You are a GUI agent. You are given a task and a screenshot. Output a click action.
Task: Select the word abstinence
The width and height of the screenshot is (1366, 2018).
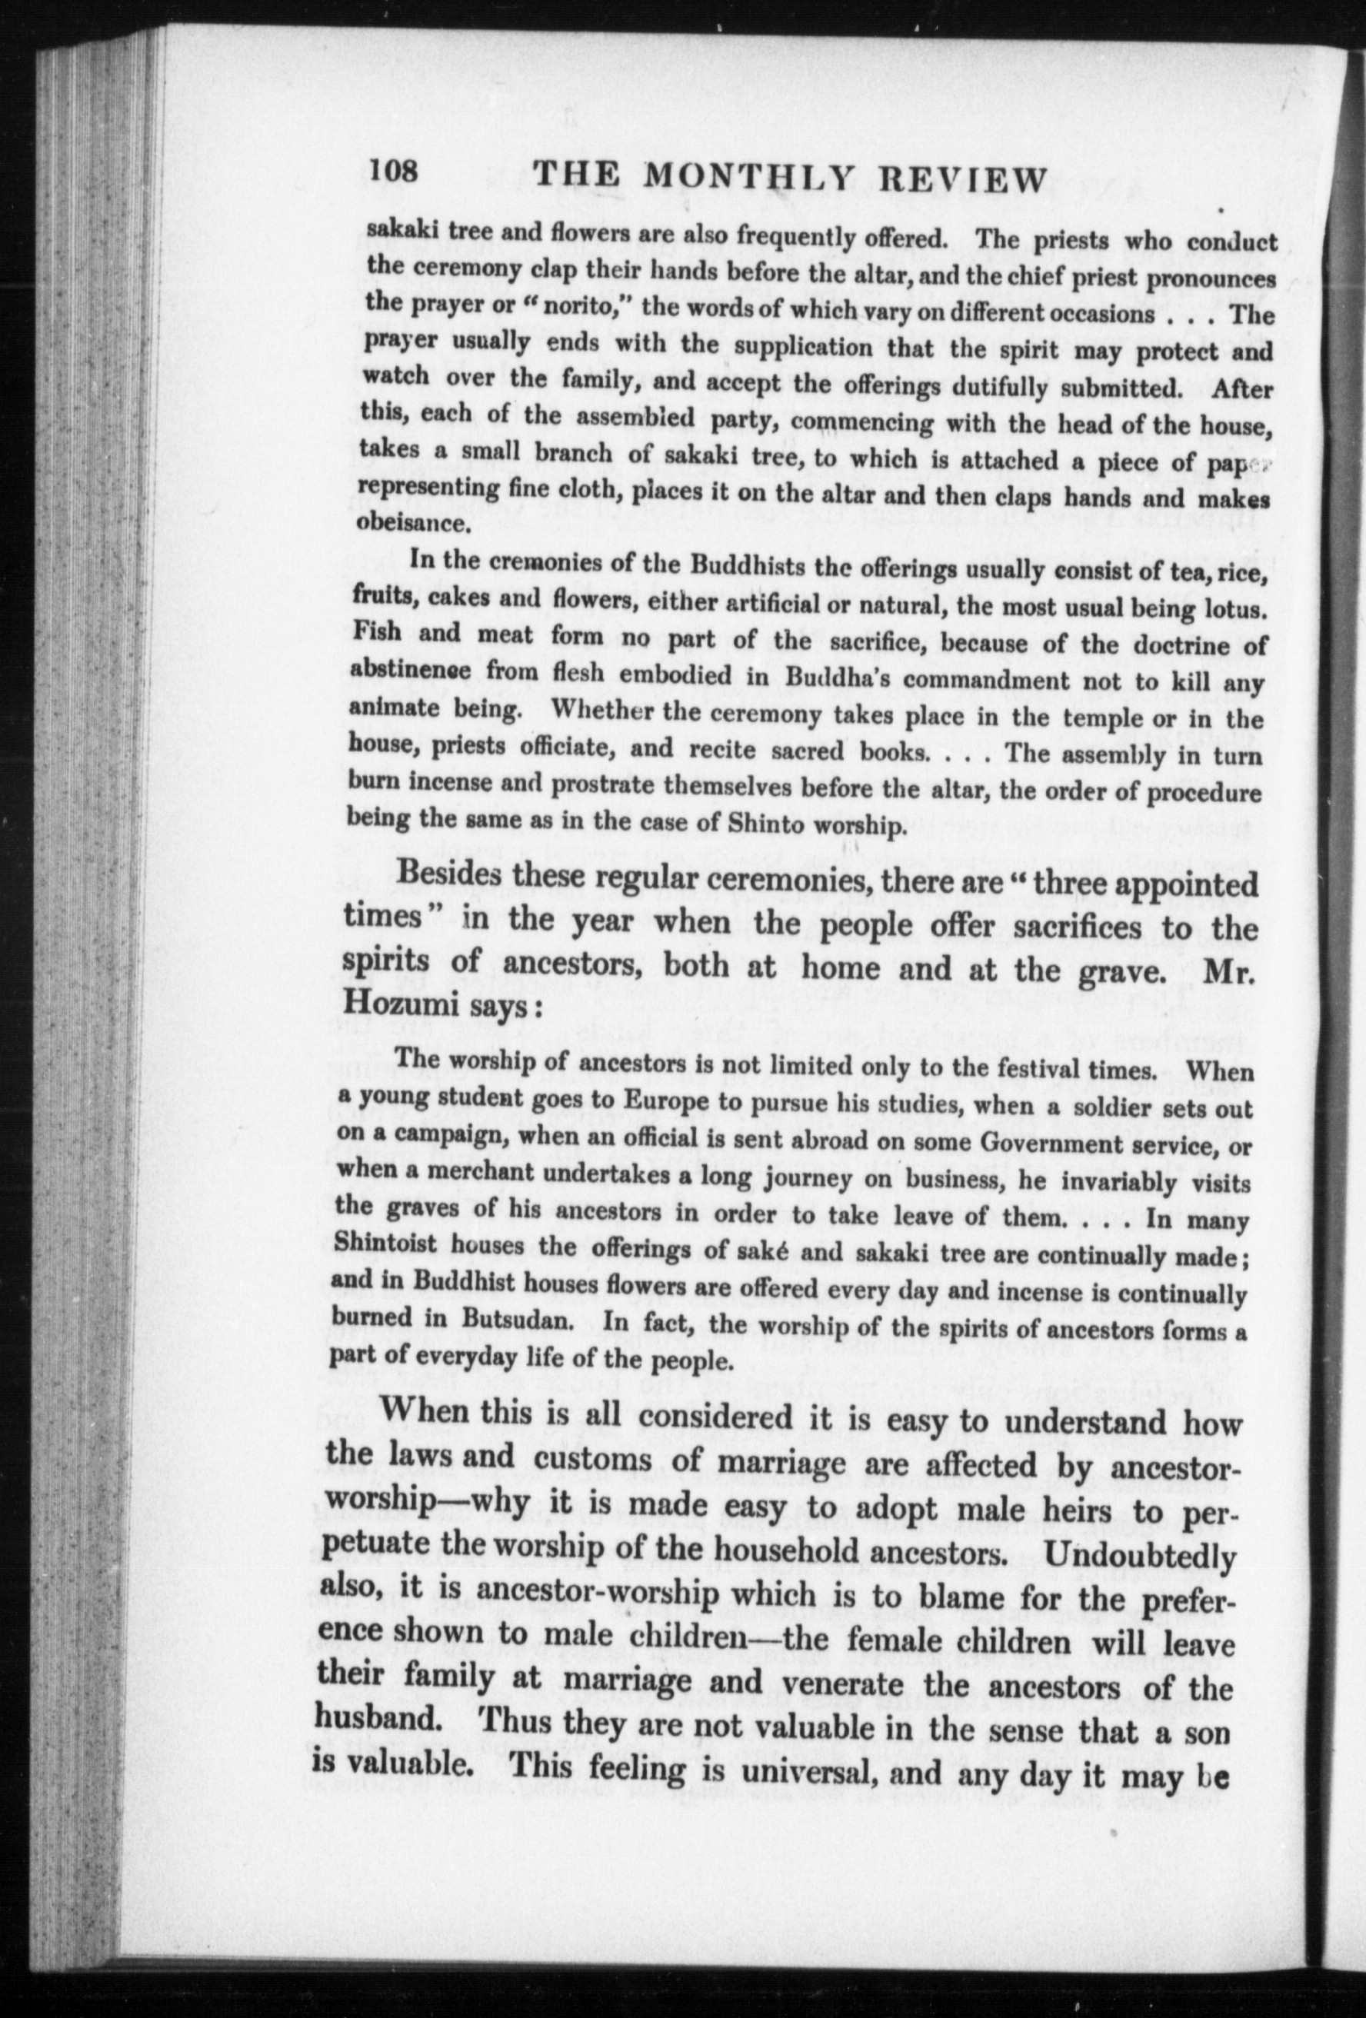click(410, 671)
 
